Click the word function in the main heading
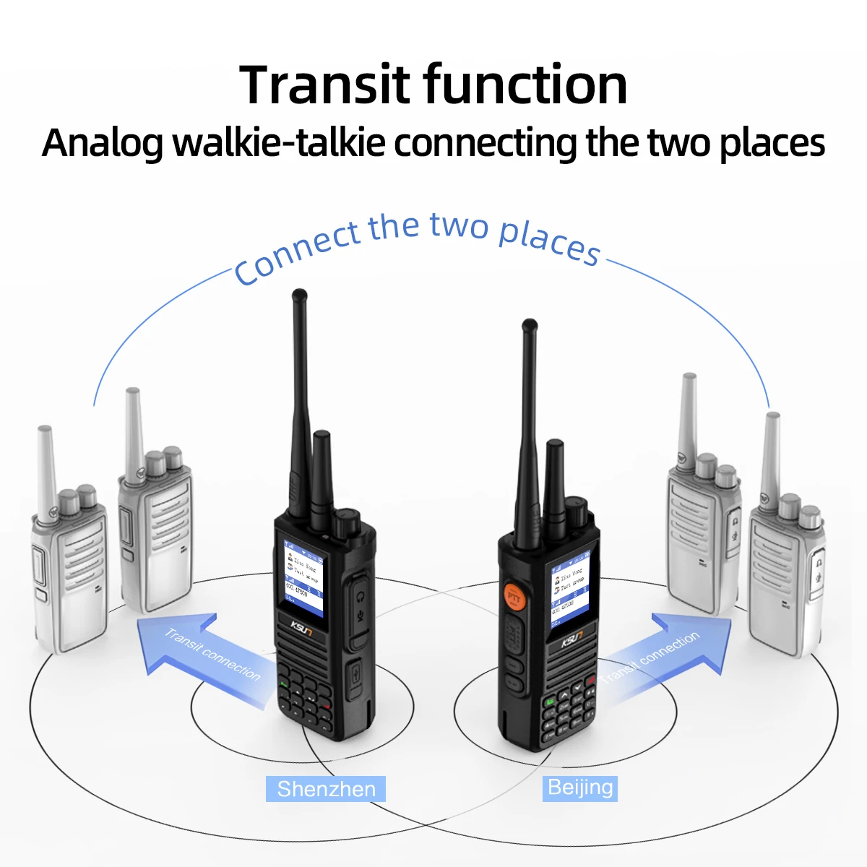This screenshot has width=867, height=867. (x=525, y=85)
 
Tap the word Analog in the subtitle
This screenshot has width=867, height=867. (x=102, y=142)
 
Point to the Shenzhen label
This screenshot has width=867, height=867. (x=326, y=788)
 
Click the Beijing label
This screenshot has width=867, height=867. (x=580, y=787)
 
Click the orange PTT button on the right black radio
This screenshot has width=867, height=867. (x=514, y=595)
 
